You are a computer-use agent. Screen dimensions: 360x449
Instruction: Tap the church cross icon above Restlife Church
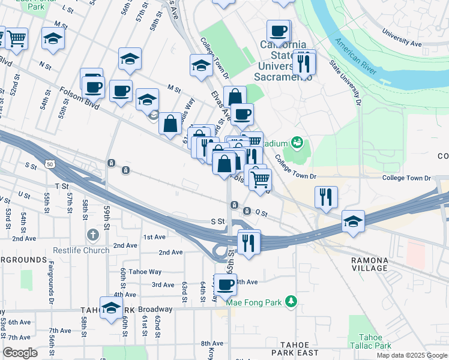(92, 234)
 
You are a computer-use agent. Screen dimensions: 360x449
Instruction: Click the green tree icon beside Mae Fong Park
(291, 301)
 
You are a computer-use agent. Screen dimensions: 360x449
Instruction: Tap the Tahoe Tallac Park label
(374, 341)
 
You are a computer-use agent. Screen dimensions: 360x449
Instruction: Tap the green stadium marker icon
(296, 143)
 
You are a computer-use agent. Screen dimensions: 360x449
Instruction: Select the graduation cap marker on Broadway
(111, 308)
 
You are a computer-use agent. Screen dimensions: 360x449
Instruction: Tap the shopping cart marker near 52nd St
(16, 38)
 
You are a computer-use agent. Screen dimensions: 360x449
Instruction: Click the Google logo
(20, 353)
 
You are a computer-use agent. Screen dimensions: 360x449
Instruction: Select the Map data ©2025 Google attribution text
(411, 355)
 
